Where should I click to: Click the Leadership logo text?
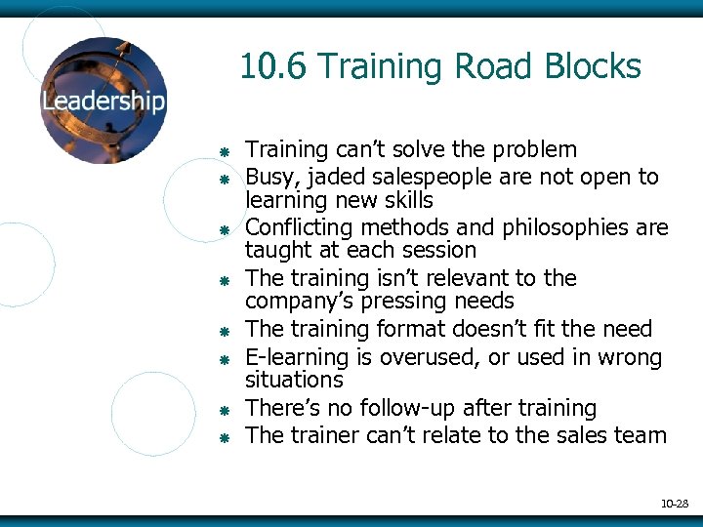click(103, 101)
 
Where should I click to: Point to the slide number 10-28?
click(675, 504)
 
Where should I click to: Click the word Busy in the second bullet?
click(267, 178)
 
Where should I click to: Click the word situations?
click(294, 380)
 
